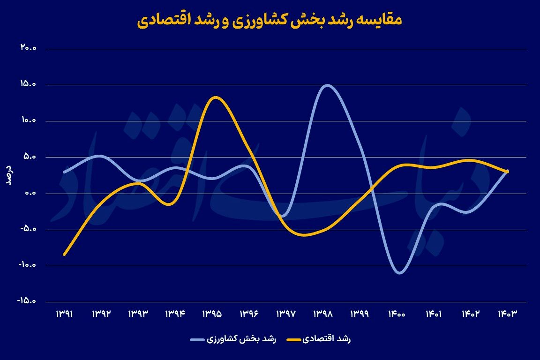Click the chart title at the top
pos(270,21)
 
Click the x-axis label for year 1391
pos(64,314)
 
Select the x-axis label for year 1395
pos(212,314)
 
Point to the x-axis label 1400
pos(396,314)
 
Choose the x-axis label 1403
pos(507,314)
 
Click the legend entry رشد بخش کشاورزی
pos(234,339)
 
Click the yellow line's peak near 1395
pos(215,97)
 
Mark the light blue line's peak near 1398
pos(327,85)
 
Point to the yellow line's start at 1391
pos(64,255)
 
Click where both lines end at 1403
pos(507,172)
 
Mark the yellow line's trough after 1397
pos(305,235)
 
